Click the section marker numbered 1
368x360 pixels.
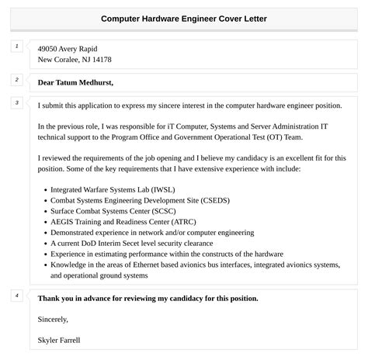(16, 47)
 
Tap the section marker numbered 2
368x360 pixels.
(16, 80)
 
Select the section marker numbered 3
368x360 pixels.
(16, 102)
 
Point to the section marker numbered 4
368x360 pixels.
(16, 296)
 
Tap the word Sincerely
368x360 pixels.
(53, 318)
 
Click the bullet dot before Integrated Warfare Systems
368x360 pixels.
(44, 189)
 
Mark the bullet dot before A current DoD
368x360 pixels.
(44, 243)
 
